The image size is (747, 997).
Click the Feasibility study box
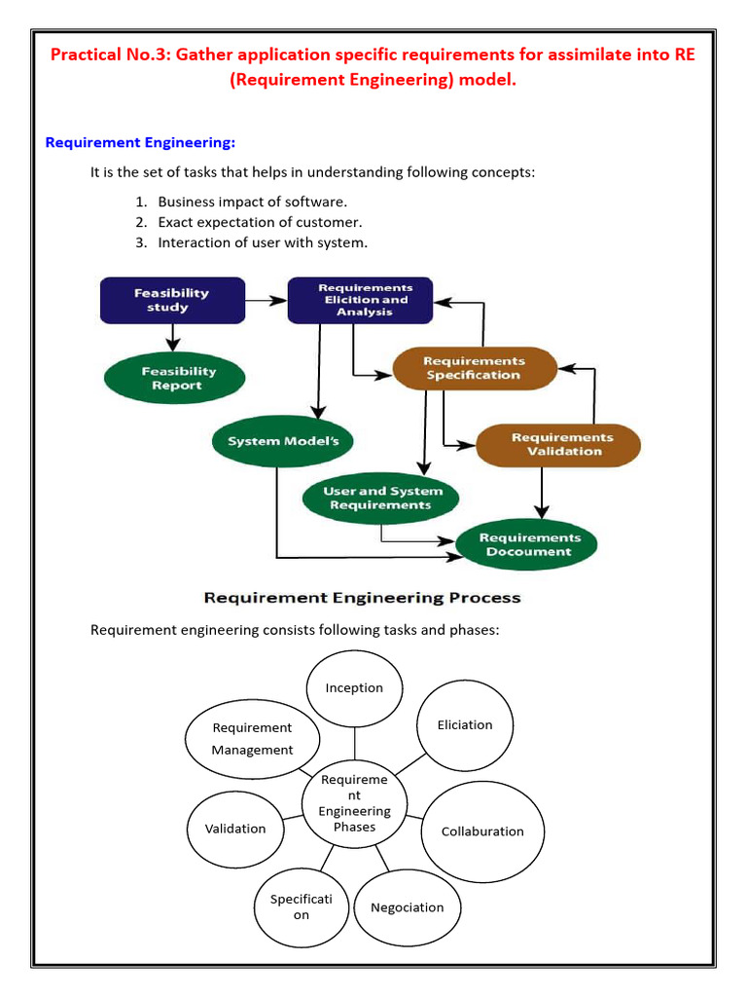pos(173,300)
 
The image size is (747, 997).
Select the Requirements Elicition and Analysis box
pos(360,300)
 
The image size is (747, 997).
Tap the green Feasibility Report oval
pos(175,379)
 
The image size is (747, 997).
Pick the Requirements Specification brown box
pos(475,368)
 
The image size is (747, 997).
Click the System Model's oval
pos(282,441)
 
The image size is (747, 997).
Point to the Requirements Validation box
pos(558,445)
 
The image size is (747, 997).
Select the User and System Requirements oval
pos(380,498)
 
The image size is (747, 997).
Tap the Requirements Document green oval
pos(526,545)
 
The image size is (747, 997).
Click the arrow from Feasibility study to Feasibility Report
pos(173,338)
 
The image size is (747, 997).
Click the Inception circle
pos(354,688)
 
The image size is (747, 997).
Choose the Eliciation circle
pos(465,725)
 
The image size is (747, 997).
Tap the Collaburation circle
pos(482,831)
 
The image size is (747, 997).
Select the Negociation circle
pos(408,908)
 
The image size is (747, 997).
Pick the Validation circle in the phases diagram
pos(235,830)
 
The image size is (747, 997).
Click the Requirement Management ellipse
pos(252,740)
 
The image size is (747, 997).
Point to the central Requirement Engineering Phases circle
pos(354,803)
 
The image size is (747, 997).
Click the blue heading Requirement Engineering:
pos(140,142)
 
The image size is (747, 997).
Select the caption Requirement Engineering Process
pos(362,598)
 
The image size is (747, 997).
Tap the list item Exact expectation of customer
pos(261,223)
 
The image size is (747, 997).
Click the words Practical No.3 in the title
pos(109,55)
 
